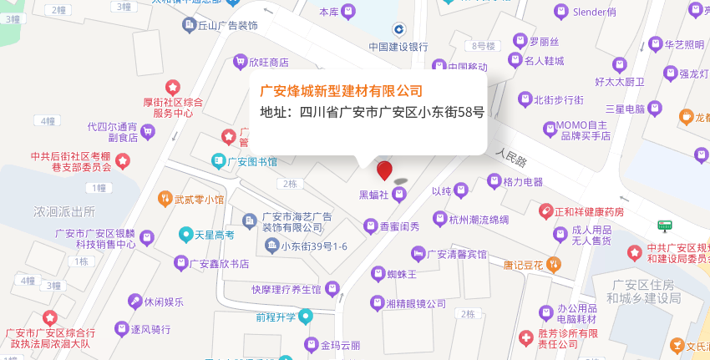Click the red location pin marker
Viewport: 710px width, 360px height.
tap(384, 170)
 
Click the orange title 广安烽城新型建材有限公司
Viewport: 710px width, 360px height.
tap(341, 90)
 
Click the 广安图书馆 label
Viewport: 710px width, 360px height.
tap(252, 161)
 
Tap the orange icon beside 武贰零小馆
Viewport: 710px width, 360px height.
tap(165, 199)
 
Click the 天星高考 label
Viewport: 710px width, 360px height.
tap(214, 236)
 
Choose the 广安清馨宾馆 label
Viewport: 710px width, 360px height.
tap(457, 253)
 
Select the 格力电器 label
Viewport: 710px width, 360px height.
tap(523, 181)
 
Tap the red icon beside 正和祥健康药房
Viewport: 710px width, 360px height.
tap(545, 211)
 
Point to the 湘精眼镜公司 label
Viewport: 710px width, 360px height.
tap(416, 304)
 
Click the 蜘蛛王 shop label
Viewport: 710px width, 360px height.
tap(403, 273)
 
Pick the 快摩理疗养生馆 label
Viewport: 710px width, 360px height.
tap(287, 289)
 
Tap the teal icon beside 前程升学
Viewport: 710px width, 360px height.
tap(306, 316)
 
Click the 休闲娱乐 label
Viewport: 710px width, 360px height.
tap(164, 302)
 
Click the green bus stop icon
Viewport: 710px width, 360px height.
tap(664, 226)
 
